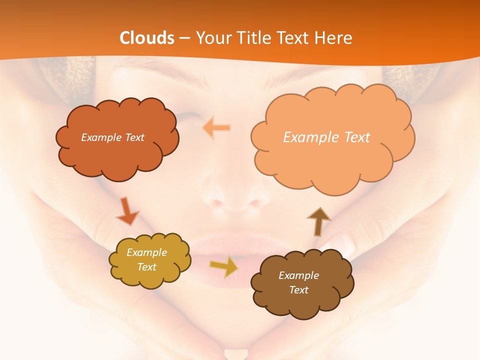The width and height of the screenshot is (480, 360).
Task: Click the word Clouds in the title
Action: coord(147,38)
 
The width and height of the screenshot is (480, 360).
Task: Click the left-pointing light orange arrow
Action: coord(216,128)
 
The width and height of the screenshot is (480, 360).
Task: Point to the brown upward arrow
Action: coord(318,221)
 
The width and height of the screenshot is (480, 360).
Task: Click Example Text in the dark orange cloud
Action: coord(112,137)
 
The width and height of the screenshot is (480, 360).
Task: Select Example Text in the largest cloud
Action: coord(326,137)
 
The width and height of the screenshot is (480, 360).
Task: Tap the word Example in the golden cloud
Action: coord(146,252)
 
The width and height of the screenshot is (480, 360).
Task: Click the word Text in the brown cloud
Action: coord(298,290)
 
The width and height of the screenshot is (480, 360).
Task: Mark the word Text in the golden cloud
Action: coord(146,267)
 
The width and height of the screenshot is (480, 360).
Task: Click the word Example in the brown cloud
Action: coord(298,275)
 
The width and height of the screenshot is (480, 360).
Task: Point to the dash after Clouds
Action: coord(184,38)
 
